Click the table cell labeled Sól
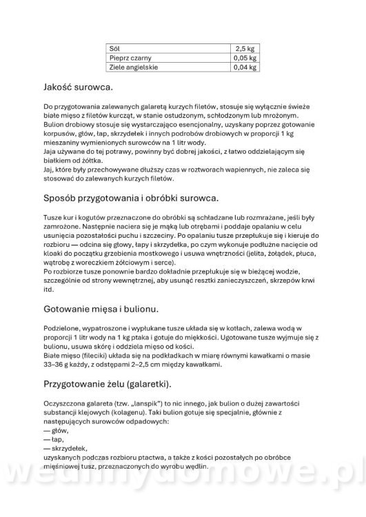coord(114,49)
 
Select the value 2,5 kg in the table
coord(245,49)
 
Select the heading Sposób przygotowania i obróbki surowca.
coord(130,199)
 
